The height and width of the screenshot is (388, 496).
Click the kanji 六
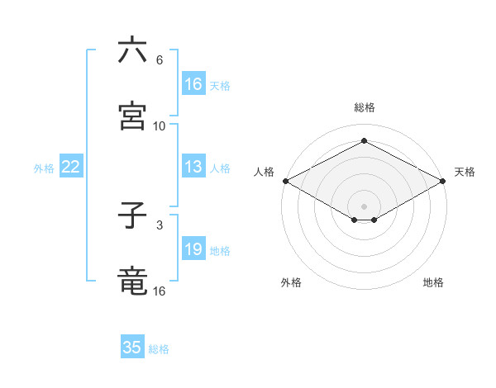[132, 51]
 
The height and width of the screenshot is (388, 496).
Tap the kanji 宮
[132, 116]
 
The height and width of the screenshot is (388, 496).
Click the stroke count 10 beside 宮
[160, 126]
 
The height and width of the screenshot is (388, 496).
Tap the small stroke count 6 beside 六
[160, 60]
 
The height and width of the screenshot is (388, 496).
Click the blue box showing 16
[193, 84]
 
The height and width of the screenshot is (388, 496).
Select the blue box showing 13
[193, 167]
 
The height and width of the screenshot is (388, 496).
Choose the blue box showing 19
[193, 249]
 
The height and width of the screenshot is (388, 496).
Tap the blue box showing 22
[70, 167]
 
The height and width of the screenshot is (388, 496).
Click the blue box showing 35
[132, 348]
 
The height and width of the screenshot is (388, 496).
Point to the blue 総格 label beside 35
[159, 349]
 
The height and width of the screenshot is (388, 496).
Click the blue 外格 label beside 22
[44, 168]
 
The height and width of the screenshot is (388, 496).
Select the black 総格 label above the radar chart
[364, 107]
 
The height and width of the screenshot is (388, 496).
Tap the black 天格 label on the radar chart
[465, 172]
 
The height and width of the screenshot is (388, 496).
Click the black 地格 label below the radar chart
[433, 282]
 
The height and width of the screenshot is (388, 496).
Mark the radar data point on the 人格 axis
[284, 181]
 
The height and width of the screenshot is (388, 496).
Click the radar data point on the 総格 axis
[364, 141]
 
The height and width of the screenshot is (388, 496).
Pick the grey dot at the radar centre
[364, 206]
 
